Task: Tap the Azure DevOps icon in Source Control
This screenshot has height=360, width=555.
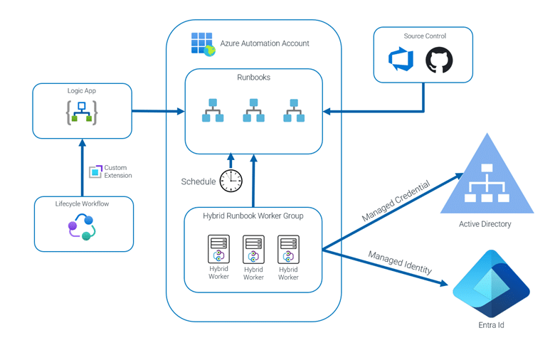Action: point(401,60)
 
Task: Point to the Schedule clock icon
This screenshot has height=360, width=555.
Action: point(231,181)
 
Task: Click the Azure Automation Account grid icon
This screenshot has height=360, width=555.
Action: point(203,43)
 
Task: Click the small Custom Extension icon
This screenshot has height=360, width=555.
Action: point(95,171)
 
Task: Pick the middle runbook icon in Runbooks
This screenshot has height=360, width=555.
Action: point(253,110)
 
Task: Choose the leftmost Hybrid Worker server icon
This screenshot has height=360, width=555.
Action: point(218,250)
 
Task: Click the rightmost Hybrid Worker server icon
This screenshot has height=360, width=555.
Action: point(288,250)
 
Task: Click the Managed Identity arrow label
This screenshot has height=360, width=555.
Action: point(399,262)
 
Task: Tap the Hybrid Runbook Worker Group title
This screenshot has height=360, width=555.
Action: point(253,216)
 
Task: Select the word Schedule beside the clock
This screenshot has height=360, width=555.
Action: point(198,181)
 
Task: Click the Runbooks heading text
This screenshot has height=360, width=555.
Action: point(253,77)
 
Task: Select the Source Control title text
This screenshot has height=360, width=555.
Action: point(424,36)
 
